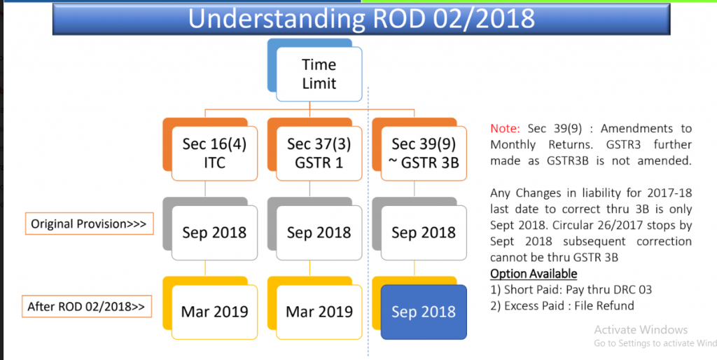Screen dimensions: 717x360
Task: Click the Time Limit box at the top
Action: tap(319, 74)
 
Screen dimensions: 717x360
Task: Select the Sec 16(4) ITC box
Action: tap(214, 153)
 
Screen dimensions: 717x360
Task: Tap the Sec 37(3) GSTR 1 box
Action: tap(319, 153)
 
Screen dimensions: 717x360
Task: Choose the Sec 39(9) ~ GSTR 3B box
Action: tap(424, 153)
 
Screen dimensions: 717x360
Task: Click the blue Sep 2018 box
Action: tap(424, 312)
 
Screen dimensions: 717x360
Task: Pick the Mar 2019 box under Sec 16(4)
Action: tap(214, 312)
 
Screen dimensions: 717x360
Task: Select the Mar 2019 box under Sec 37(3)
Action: tap(319, 312)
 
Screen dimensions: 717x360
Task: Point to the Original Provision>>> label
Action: tap(89, 223)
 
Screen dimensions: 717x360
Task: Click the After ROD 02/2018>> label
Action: tap(87, 306)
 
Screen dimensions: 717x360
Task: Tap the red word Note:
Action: tap(505, 129)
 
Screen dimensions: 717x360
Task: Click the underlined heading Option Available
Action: tap(534, 274)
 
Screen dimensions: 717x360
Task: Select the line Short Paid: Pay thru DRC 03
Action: tap(571, 289)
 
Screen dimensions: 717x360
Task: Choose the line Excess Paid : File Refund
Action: tap(562, 305)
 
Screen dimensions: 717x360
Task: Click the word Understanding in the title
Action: tap(277, 19)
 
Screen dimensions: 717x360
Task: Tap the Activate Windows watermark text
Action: tap(641, 330)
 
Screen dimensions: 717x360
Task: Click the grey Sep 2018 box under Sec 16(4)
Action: tap(214, 233)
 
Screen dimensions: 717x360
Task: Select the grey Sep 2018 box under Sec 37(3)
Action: tap(319, 233)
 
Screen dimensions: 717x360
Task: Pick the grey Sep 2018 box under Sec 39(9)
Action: tap(424, 233)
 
